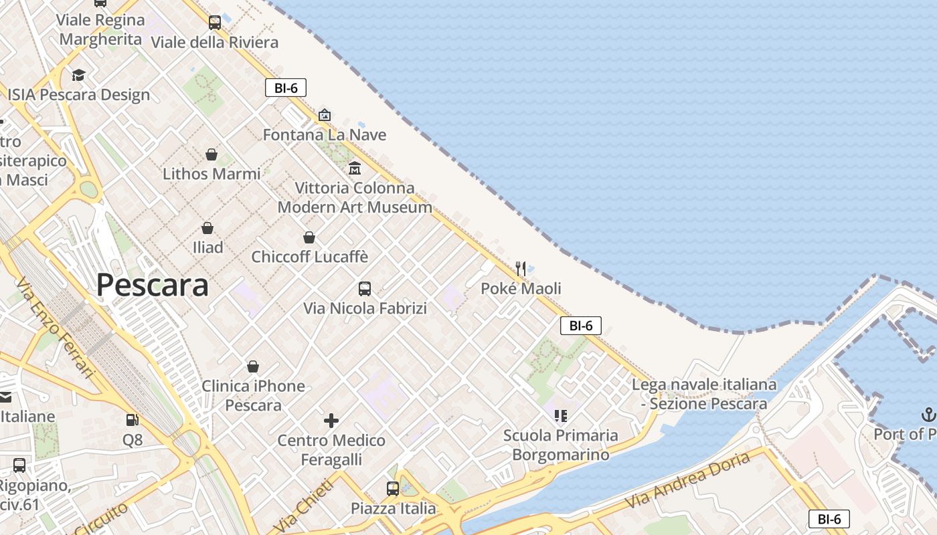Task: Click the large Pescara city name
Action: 153,285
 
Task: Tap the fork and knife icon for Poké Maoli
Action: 521,269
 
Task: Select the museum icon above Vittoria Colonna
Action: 355,168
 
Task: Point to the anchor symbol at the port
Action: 928,415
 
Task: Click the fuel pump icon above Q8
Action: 133,420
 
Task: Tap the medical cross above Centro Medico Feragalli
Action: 331,421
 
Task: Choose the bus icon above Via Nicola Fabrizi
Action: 365,289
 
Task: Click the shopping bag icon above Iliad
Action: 207,228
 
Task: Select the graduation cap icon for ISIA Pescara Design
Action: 79,75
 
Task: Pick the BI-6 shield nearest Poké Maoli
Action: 581,326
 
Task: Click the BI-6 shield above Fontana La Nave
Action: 286,88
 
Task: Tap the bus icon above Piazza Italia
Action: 393,489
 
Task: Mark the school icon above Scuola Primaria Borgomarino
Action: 561,416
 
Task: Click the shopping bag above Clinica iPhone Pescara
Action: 253,366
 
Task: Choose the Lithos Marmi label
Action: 211,174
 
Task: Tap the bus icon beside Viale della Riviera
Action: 215,23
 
